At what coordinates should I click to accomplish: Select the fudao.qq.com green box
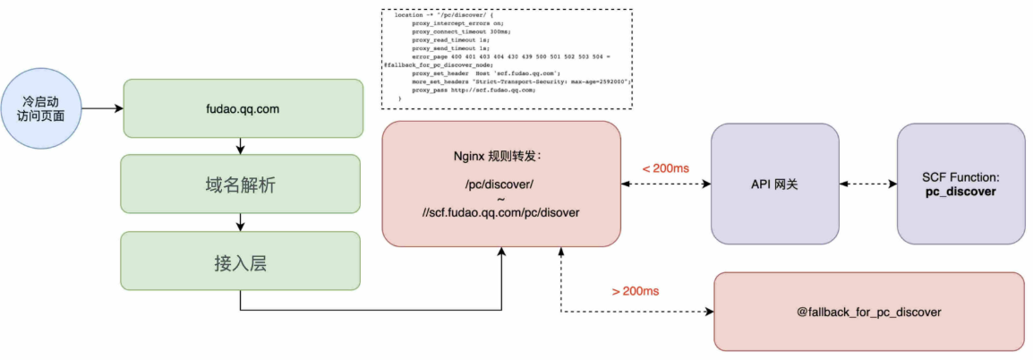(x=243, y=107)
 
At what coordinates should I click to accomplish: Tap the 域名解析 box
(x=240, y=185)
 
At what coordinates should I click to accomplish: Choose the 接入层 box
(x=240, y=263)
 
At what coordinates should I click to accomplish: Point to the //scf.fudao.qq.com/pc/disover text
(x=500, y=213)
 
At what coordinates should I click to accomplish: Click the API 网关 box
(x=774, y=184)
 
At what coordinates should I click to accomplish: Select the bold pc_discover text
(x=960, y=192)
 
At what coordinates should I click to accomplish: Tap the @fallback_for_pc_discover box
(x=868, y=312)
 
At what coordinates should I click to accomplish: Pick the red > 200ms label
(x=636, y=291)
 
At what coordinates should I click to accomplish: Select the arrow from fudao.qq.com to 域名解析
(x=240, y=146)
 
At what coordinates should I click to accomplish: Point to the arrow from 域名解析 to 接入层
(x=240, y=224)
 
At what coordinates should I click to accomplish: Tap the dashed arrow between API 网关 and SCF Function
(x=867, y=184)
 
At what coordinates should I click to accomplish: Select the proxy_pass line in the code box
(x=474, y=90)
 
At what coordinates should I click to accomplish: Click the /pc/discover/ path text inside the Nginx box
(x=499, y=184)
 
